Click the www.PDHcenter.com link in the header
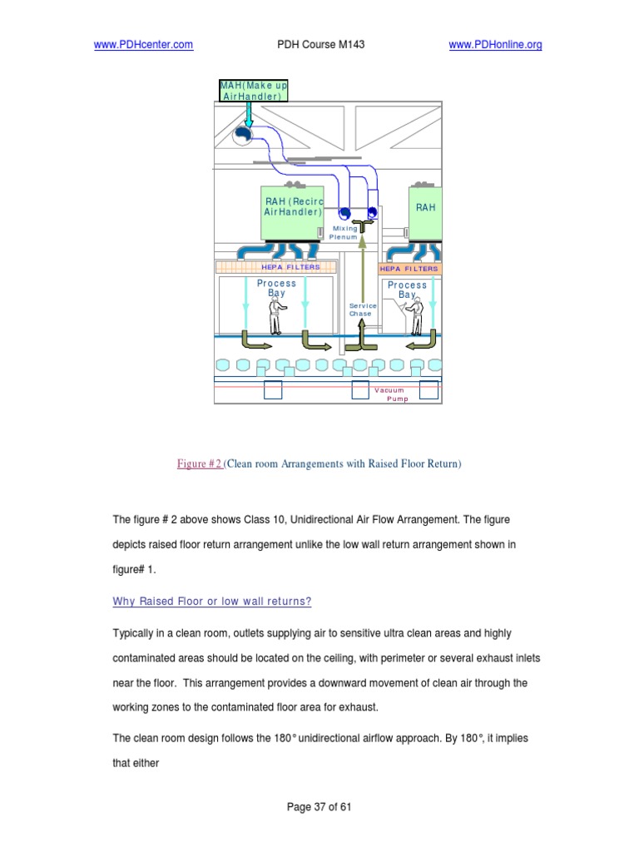[x=144, y=45]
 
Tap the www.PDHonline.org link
[x=495, y=45]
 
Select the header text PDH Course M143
[x=320, y=45]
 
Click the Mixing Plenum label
[x=344, y=232]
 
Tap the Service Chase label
[x=362, y=310]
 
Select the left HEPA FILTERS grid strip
[x=275, y=267]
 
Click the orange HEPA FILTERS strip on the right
[x=409, y=269]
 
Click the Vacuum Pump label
[x=391, y=394]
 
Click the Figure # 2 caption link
[x=200, y=463]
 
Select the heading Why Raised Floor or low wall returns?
[x=212, y=602]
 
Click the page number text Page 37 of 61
[x=319, y=806]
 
